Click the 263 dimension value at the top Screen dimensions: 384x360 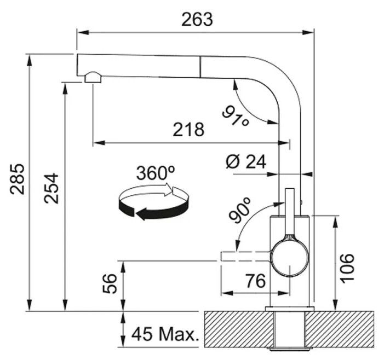point(197,20)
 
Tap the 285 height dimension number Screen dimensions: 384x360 point(18,179)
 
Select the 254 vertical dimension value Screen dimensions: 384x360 point(51,188)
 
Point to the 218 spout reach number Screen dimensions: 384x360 point(188,129)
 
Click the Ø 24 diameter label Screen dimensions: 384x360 point(245,161)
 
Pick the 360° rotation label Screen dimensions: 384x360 point(156,173)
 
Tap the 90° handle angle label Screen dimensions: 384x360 point(240,211)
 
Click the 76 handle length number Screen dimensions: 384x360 point(255,281)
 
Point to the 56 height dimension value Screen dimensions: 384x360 point(110,284)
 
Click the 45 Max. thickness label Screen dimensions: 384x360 point(165,334)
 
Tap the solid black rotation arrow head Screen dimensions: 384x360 point(141,214)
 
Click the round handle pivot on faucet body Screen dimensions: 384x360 point(289,258)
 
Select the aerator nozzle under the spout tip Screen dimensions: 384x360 point(93,77)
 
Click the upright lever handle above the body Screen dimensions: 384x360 point(290,212)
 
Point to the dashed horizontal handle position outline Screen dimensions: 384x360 point(245,256)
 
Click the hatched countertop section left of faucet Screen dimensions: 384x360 point(239,329)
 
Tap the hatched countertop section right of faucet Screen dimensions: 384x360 point(340,329)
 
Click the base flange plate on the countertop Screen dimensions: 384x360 point(289,309)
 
